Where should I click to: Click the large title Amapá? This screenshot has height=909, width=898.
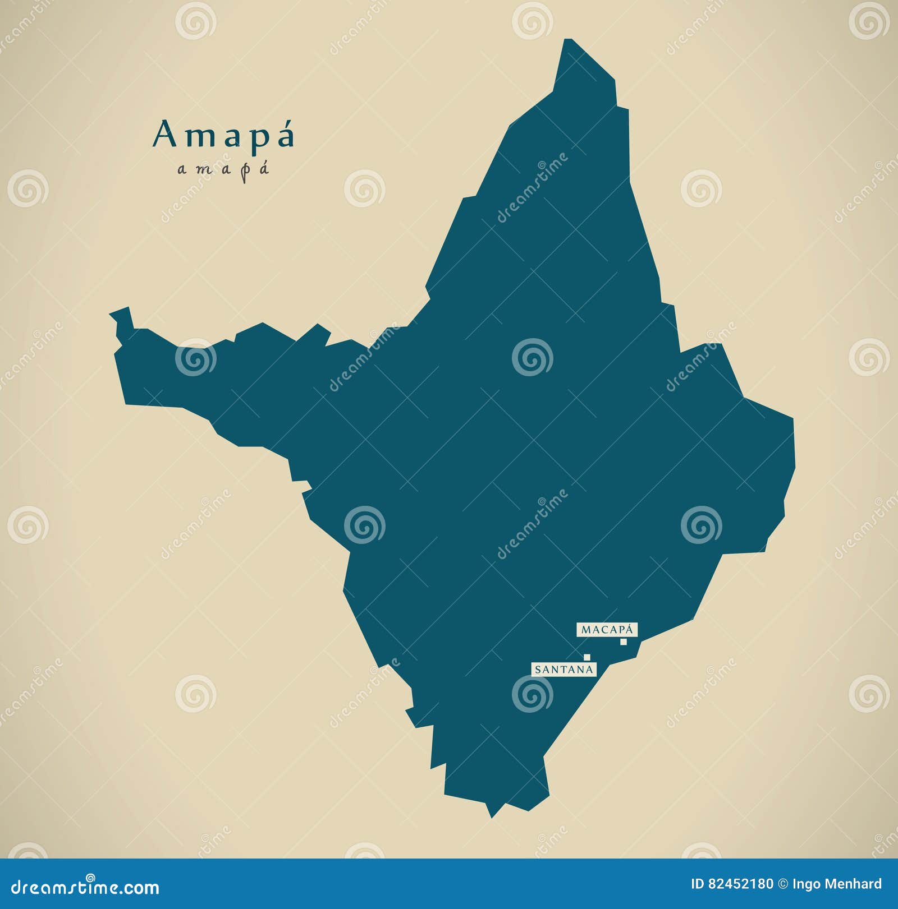(223, 136)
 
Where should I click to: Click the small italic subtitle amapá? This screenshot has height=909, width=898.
(223, 169)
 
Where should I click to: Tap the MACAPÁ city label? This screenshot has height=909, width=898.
(607, 630)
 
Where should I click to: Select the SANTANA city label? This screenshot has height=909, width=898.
(563, 669)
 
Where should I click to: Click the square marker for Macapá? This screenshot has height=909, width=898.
(623, 642)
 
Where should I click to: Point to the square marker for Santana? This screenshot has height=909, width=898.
(587, 657)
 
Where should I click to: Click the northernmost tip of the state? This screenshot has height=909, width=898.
(568, 40)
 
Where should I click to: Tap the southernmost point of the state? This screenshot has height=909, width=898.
(492, 816)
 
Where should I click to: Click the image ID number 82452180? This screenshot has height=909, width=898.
(741, 884)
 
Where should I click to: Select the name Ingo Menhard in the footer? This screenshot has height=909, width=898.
(837, 884)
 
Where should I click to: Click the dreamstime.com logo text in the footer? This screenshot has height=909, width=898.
(85, 887)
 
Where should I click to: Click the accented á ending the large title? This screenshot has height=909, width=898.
(286, 136)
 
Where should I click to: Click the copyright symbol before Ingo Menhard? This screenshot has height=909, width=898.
(783, 884)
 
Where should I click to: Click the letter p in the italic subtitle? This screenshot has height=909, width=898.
(244, 170)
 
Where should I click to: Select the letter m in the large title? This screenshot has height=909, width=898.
(196, 138)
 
